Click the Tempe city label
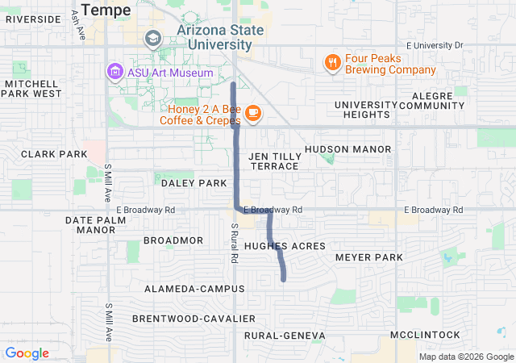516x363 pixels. coord(109,10)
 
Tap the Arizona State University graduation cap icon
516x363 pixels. coord(152,39)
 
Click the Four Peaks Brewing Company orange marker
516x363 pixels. coord(331,62)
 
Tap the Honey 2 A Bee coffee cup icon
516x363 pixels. coord(253,113)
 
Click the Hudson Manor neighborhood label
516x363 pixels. coord(348,149)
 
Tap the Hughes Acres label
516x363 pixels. coord(285,245)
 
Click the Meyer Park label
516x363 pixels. coord(368,257)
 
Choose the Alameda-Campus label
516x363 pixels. coord(194,288)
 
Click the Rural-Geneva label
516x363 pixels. coord(285,335)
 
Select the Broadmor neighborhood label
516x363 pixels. coord(173,240)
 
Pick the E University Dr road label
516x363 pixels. coord(435,45)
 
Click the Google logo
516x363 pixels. coord(27,353)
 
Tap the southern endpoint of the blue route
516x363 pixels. coord(284,279)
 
